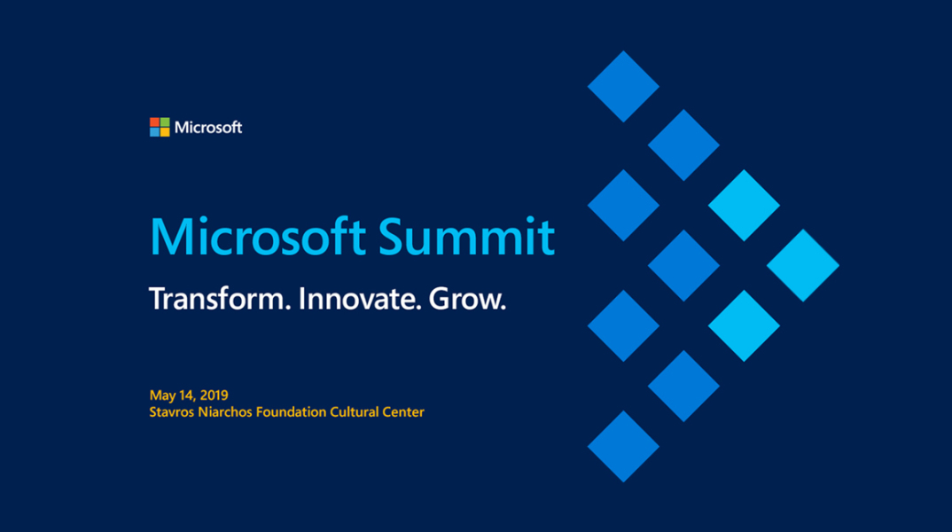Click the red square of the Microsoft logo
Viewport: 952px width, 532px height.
point(154,121)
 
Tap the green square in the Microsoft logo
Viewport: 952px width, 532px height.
point(164,121)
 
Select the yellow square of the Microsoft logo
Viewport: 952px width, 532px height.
point(164,131)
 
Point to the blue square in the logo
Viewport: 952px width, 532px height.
point(154,131)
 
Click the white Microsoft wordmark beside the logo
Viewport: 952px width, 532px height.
point(208,127)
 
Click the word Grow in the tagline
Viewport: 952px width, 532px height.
point(467,300)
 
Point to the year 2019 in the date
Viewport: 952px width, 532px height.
point(214,395)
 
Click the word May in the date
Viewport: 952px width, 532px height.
point(162,395)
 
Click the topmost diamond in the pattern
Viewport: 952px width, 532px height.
point(623,86)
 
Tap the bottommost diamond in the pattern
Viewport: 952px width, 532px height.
point(623,446)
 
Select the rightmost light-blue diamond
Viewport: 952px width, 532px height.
point(803,265)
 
